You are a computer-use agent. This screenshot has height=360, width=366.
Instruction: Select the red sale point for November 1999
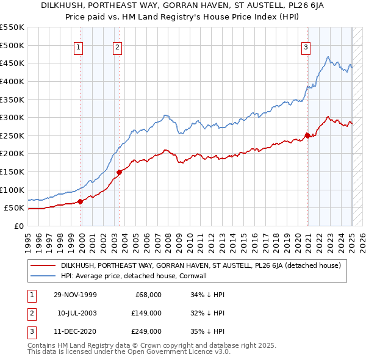pyautogui.click(x=81, y=201)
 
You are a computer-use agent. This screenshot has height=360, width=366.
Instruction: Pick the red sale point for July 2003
pyautogui.click(x=120, y=172)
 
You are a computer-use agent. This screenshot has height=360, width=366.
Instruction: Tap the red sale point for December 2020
pyautogui.click(x=307, y=135)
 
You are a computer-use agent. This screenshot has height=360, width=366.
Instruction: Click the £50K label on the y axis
pyautogui.click(x=15, y=208)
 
